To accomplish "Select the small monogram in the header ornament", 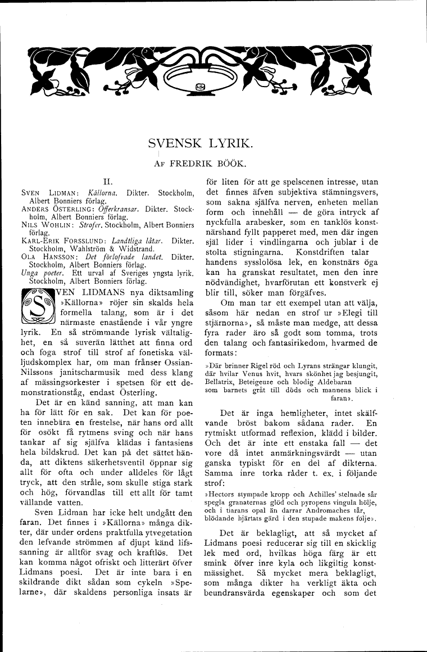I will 201,86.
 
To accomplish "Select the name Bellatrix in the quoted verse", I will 221,381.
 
